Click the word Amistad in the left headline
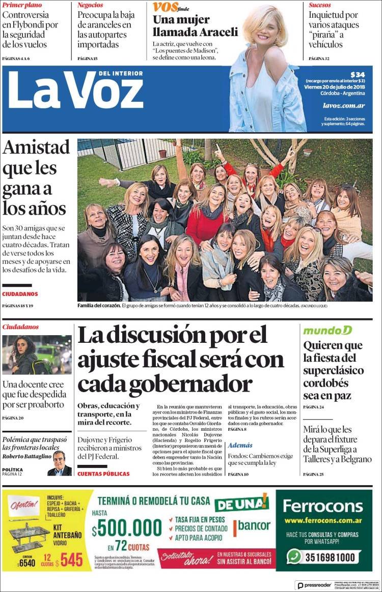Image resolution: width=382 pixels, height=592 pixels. point(36,147)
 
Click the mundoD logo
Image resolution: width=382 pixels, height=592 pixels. point(328,331)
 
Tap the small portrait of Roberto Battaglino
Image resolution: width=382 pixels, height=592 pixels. point(60,463)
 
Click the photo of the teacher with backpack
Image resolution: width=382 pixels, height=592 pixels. point(37,355)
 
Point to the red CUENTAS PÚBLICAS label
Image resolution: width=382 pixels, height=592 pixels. point(103,474)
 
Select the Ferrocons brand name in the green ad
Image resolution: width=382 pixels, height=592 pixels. point(323,506)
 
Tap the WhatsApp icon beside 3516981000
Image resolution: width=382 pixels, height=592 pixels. point(294,556)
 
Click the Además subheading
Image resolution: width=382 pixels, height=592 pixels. point(240,445)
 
